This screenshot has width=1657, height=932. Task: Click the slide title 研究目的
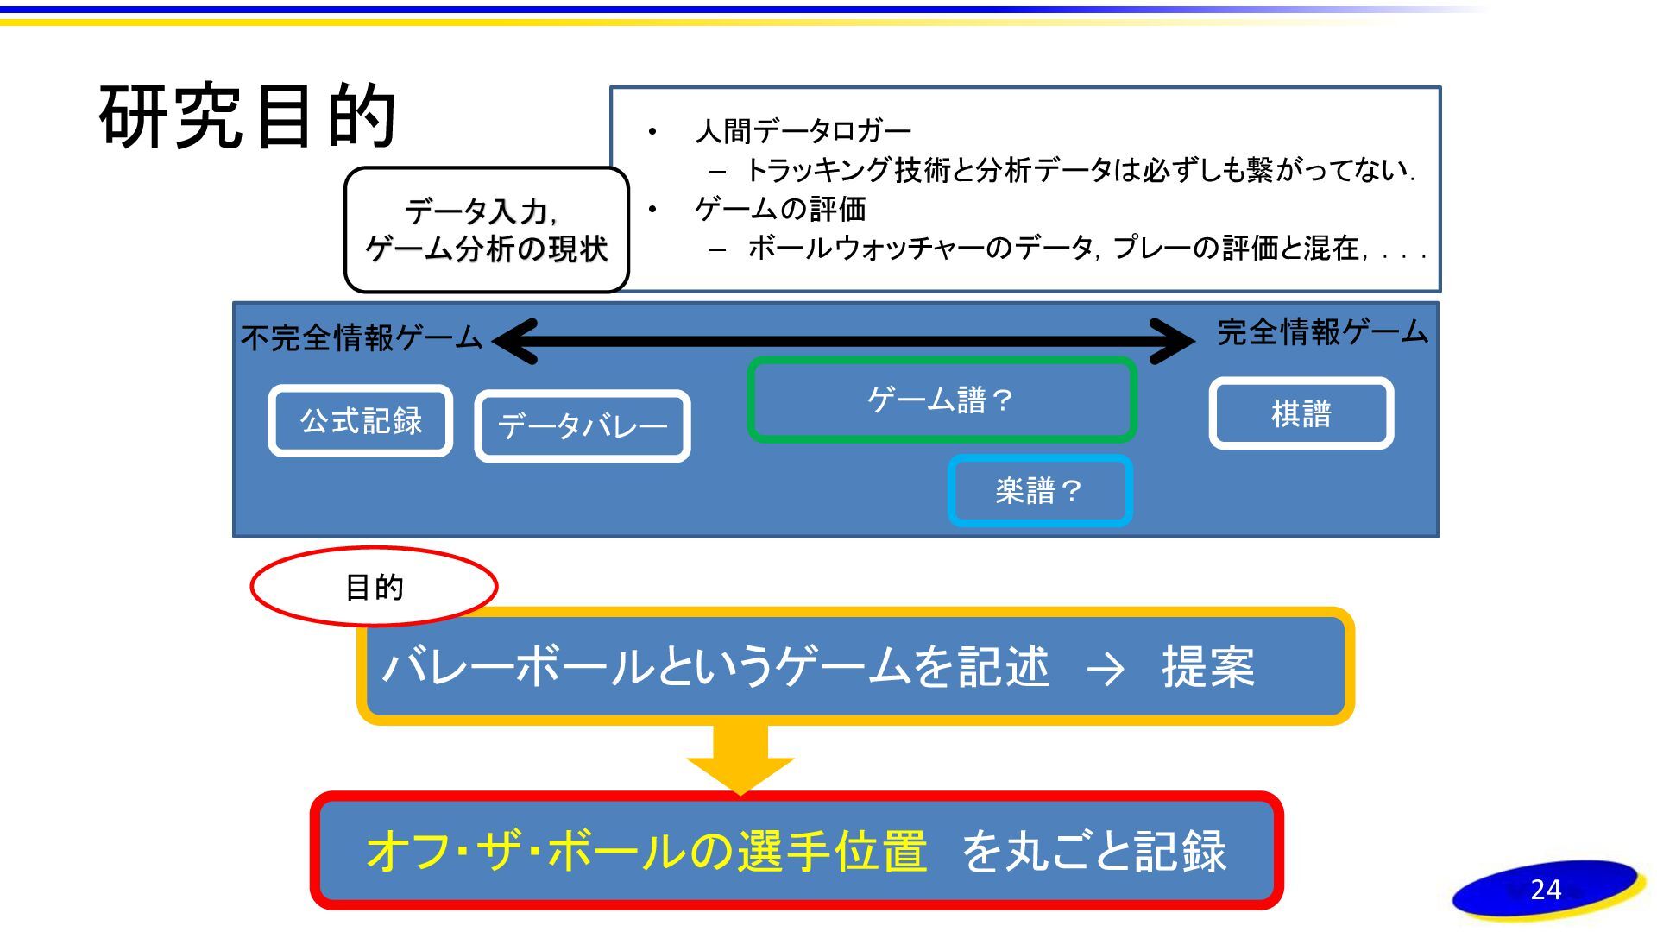pyautogui.click(x=248, y=116)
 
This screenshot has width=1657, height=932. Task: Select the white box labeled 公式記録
pyautogui.click(x=361, y=421)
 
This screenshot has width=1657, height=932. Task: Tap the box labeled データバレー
pyautogui.click(x=583, y=426)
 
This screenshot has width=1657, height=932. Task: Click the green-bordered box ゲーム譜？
pyautogui.click(x=941, y=400)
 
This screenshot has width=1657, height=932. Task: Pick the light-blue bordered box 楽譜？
pyautogui.click(x=1040, y=491)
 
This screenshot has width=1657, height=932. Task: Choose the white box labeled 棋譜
pyautogui.click(x=1301, y=413)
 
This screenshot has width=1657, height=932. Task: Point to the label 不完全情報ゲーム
pyautogui.click(x=362, y=337)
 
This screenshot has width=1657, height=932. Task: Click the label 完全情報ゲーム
pyautogui.click(x=1322, y=331)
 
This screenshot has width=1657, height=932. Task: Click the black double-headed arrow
pyautogui.click(x=843, y=341)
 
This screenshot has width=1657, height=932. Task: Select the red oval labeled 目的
pyautogui.click(x=374, y=587)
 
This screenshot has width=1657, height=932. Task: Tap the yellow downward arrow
pyautogui.click(x=740, y=758)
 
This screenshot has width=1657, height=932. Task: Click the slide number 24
pyautogui.click(x=1546, y=890)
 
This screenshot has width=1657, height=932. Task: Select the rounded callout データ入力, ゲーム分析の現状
pyautogui.click(x=486, y=230)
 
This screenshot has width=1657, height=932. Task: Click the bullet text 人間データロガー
pyautogui.click(x=803, y=131)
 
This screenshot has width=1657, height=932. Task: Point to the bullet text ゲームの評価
pyautogui.click(x=780, y=209)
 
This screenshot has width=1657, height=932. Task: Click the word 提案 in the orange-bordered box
pyautogui.click(x=1207, y=667)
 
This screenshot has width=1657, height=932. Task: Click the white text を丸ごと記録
pyautogui.click(x=1093, y=851)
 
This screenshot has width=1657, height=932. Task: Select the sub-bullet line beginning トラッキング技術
pyautogui.click(x=1079, y=171)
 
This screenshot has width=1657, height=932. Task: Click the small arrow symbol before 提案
pyautogui.click(x=1106, y=669)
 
